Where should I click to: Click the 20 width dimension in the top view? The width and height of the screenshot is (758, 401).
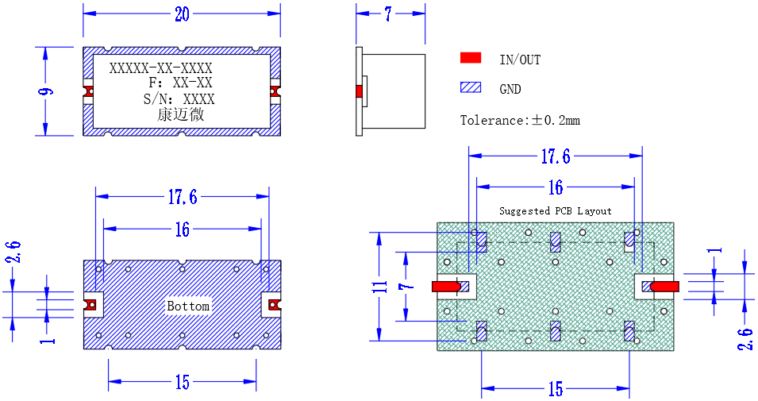coord(182,14)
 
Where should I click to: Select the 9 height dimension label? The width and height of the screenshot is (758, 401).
coord(46,91)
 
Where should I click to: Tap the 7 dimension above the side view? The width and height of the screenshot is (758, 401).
coord(388,14)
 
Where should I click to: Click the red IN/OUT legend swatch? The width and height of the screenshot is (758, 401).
coord(471,58)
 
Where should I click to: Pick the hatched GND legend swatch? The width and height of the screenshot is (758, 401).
coord(471,87)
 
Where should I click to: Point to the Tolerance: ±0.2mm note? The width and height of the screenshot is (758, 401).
coord(520,120)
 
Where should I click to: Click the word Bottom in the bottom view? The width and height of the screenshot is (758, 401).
coord(188,306)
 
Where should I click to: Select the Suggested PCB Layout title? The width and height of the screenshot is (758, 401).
coord(555,211)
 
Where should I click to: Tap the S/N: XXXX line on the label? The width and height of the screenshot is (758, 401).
coord(179,99)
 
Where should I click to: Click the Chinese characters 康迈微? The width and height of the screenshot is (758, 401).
coord(181,114)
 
